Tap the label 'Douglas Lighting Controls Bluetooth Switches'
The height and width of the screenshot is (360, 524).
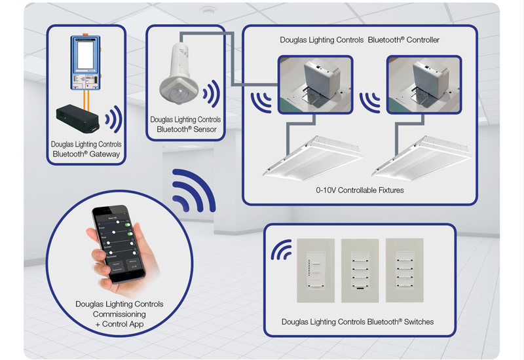point(358,321)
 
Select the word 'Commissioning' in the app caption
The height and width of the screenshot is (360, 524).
point(119,314)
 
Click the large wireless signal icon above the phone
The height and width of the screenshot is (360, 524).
point(194,190)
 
